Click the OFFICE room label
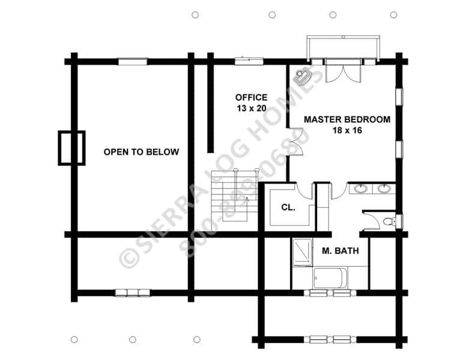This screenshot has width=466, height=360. tap(251, 97)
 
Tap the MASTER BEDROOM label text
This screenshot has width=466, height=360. tap(347, 119)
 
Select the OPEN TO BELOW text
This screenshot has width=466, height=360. tap(141, 152)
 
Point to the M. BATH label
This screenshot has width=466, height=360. tap(340, 251)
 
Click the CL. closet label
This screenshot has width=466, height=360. tap(288, 208)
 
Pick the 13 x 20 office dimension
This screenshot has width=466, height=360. tap(251, 109)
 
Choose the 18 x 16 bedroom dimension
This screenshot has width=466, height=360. tap(347, 130)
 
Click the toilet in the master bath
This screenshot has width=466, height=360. tap(389, 221)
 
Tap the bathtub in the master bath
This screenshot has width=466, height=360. tap(330, 278)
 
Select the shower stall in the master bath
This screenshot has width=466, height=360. tap(303, 251)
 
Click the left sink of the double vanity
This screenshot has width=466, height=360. tap(361, 188)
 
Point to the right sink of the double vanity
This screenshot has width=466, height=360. tap(384, 188)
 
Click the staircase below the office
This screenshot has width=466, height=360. tap(234, 199)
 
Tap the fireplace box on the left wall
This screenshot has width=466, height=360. tap(71, 148)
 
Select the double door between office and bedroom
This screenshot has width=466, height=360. tap(295, 142)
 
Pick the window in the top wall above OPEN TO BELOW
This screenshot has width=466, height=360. tap(133, 61)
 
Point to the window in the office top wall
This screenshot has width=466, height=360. tap(249, 61)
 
